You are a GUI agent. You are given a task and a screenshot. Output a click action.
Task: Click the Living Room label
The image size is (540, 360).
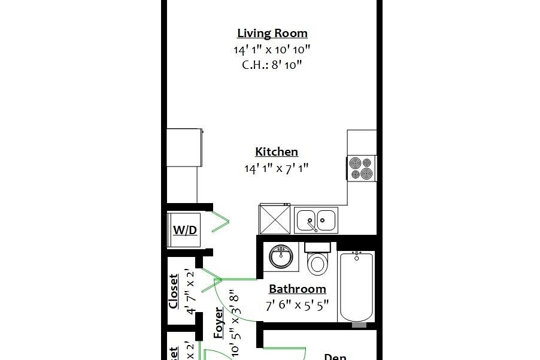pyautogui.click(x=272, y=34)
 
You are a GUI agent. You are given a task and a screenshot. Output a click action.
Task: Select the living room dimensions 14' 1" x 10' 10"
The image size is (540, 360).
pyautogui.click(x=272, y=50)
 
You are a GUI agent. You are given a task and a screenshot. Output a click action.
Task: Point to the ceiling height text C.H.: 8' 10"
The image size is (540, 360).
pyautogui.click(x=272, y=65)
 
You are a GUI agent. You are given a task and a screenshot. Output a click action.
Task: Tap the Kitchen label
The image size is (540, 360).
pyautogui.click(x=276, y=152)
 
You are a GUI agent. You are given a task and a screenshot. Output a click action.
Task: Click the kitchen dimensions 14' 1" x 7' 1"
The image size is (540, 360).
pyautogui.click(x=276, y=169)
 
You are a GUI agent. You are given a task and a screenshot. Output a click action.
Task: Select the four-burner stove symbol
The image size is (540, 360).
pyautogui.click(x=362, y=168)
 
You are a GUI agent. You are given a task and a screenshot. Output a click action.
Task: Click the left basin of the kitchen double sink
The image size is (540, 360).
pyautogui.click(x=307, y=220)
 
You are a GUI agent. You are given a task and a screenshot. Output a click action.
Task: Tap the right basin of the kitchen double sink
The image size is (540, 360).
pyautogui.click(x=327, y=220)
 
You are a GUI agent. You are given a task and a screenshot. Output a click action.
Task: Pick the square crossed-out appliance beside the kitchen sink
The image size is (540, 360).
pyautogui.click(x=275, y=219)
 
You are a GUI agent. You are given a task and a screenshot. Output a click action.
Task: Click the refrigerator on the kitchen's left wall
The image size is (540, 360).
pyautogui.click(x=184, y=148)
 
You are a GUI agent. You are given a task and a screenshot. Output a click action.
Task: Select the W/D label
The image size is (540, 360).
pyautogui.click(x=185, y=231)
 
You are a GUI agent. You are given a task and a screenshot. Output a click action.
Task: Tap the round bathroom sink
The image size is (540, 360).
pyautogui.click(x=280, y=257)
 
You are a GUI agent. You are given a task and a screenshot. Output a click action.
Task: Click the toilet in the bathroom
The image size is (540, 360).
pyautogui.click(x=317, y=258)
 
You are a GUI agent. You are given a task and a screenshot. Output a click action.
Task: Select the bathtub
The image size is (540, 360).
pyautogui.click(x=357, y=288)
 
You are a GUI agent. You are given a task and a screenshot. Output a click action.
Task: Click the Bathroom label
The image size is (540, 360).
pyautogui.click(x=297, y=289)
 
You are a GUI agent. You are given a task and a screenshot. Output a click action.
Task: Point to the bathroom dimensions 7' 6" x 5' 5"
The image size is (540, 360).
pyautogui.click(x=297, y=305)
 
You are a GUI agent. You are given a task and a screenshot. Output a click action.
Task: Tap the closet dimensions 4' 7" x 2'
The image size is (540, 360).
pyautogui.click(x=190, y=292)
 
